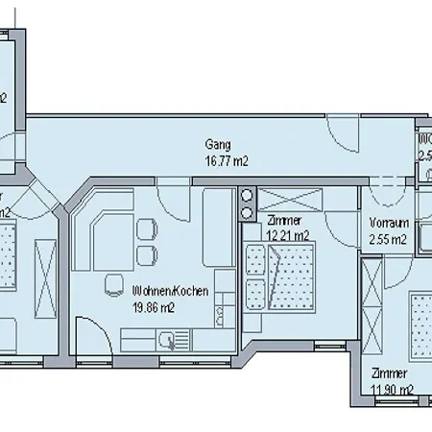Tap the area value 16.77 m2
(x=227, y=162)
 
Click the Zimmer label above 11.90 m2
(x=391, y=372)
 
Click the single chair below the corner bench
(x=147, y=253)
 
